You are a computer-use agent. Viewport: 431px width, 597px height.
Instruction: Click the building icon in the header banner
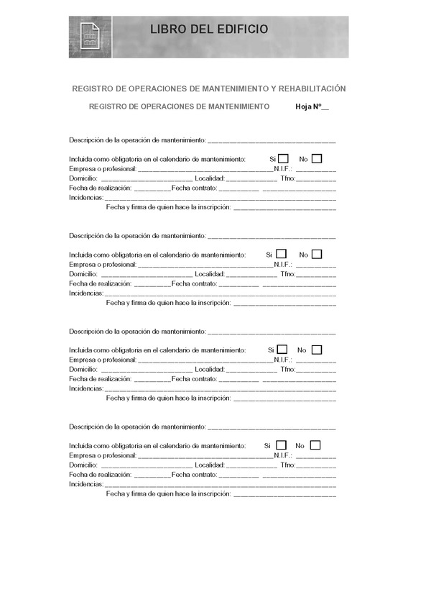tap(90, 38)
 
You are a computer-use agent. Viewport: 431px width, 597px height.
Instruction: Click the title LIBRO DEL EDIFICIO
tap(210, 29)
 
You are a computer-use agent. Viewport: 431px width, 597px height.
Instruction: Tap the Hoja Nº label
tap(308, 106)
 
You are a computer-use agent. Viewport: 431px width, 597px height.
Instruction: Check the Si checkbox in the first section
tap(283, 158)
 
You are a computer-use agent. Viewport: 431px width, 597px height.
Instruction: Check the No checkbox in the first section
tap(316, 158)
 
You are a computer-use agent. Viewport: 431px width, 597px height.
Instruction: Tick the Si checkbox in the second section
tap(281, 254)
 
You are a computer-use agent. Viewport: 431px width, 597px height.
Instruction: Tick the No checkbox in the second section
tap(316, 254)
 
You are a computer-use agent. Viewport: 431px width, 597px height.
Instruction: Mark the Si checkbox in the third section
tap(282, 350)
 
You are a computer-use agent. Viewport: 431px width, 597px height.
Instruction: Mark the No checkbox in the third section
tap(316, 350)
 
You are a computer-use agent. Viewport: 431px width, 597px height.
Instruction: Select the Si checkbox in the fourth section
tap(280, 445)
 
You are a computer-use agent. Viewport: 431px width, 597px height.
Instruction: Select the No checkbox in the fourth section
tap(315, 445)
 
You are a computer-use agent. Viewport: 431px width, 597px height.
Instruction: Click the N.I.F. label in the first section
tap(283, 169)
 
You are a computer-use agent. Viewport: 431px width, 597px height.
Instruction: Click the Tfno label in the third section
tap(289, 370)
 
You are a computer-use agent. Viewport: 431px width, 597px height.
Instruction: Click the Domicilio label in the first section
tap(83, 178)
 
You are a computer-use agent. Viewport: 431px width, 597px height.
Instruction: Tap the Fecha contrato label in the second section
tap(194, 283)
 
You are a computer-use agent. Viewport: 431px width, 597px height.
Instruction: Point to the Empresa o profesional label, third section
tap(102, 360)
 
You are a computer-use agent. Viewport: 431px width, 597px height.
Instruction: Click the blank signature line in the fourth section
tap(285, 494)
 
